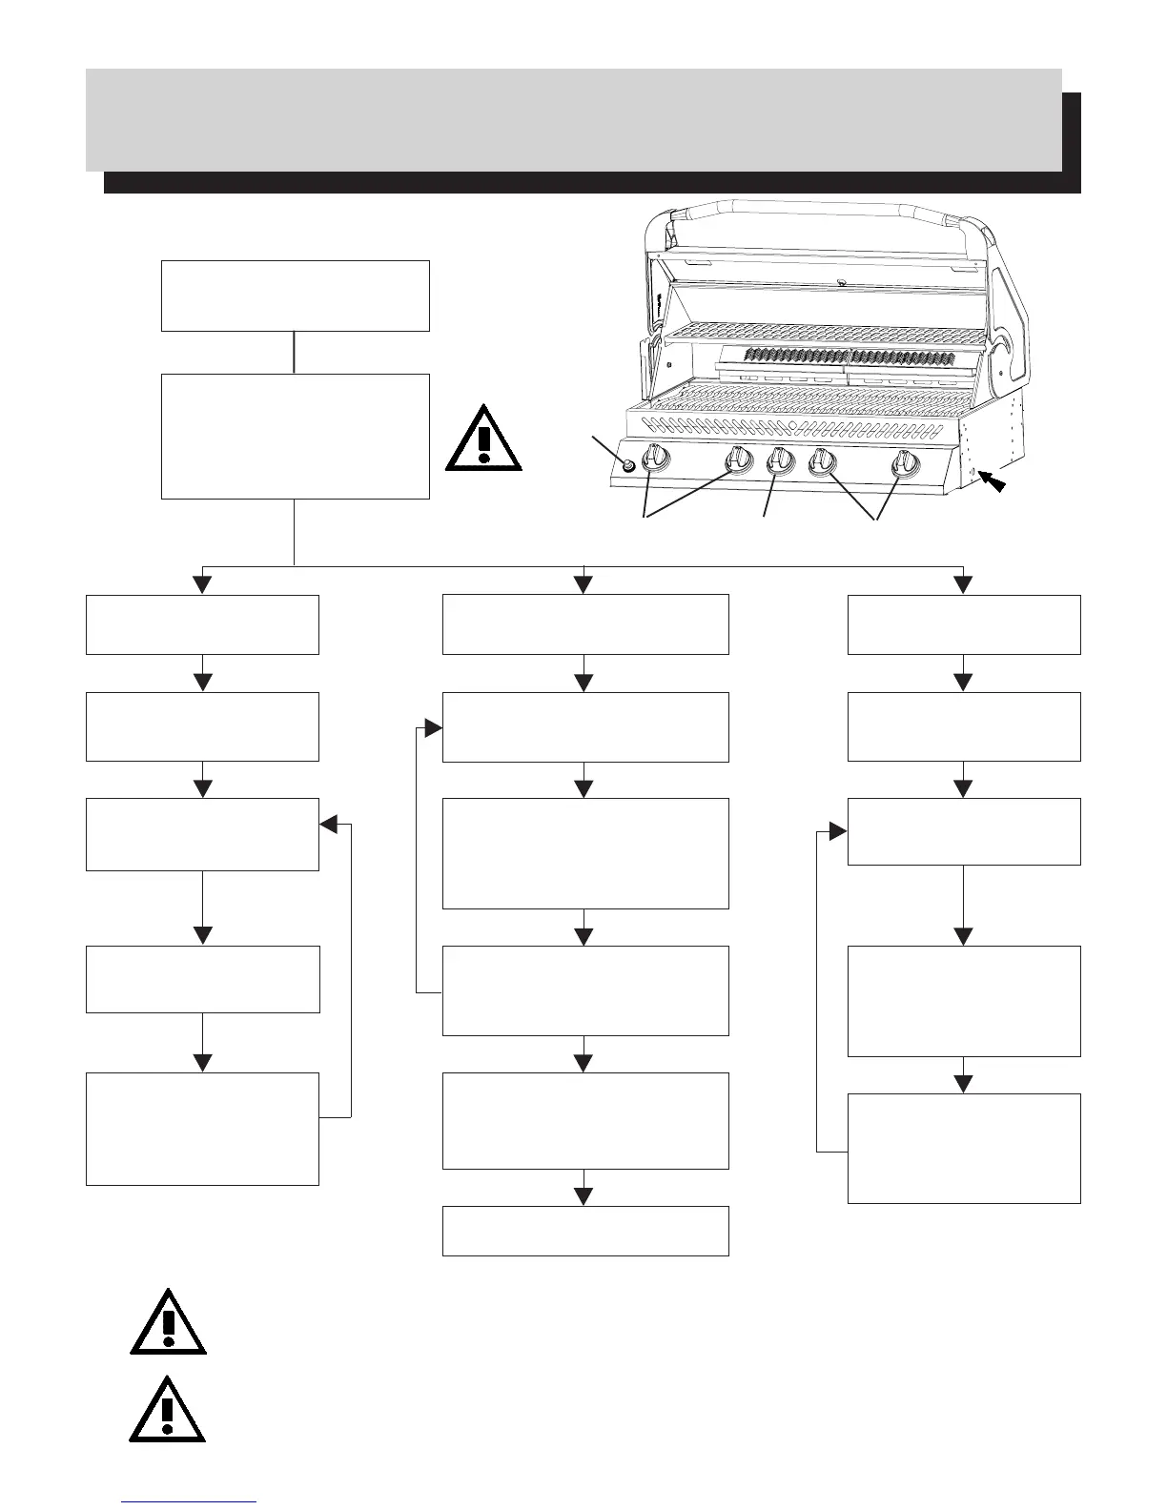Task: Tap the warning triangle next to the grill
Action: [x=483, y=439]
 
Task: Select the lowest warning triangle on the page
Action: [x=168, y=1408]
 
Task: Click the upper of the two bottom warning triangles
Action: [x=168, y=1322]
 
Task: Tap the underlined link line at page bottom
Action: [x=190, y=1501]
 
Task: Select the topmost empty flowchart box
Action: [x=295, y=296]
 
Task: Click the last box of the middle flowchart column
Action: [x=585, y=1231]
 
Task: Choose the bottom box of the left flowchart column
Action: [x=202, y=1129]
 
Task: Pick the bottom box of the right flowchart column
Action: [x=964, y=1149]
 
